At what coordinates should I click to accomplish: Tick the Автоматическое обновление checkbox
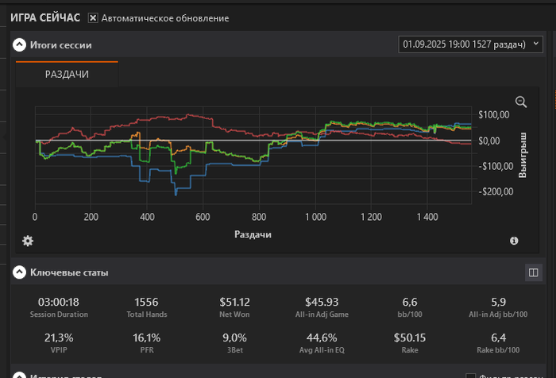[93, 17]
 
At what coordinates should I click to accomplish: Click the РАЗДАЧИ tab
[67, 74]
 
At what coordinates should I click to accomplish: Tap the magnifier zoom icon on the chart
[521, 102]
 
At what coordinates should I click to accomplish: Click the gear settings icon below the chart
[28, 241]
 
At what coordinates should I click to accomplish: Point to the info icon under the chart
[514, 241]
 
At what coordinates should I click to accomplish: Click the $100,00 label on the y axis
[494, 115]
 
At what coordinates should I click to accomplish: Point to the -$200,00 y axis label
[493, 191]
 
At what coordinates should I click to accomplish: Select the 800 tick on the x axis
[259, 216]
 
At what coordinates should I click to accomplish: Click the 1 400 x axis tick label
[427, 216]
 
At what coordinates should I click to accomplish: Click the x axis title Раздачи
[253, 234]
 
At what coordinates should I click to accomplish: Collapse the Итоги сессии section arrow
[19, 45]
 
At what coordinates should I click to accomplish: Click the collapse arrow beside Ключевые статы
[19, 272]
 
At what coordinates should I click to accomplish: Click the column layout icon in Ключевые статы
[532, 272]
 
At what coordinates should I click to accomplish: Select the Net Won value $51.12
[235, 302]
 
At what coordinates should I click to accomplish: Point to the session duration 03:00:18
[59, 302]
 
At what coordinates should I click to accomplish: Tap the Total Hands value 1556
[147, 302]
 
